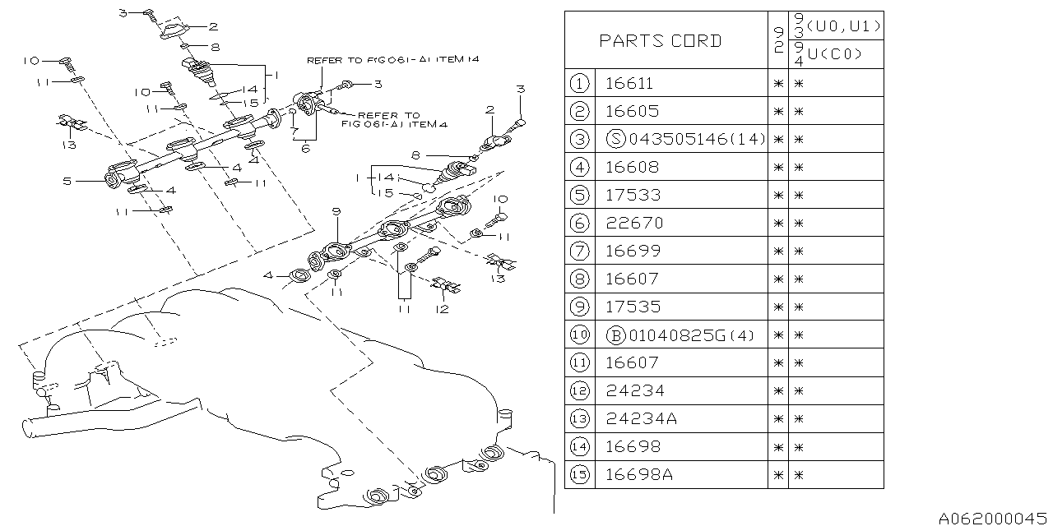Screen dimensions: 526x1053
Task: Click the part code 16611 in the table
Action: (633, 83)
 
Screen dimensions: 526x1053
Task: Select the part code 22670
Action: (633, 223)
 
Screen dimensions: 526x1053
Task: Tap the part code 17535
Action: (633, 307)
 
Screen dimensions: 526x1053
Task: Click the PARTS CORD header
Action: (660, 40)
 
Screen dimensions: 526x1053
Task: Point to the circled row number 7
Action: (580, 251)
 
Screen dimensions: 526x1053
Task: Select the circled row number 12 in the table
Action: (580, 390)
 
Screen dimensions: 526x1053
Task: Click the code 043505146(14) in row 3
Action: (686, 139)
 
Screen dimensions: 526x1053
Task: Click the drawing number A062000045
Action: (992, 517)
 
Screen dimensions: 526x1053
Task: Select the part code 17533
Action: (633, 195)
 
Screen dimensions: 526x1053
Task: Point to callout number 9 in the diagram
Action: (336, 212)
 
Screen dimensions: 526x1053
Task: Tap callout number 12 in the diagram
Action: (443, 309)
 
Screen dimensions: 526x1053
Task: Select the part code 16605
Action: (633, 111)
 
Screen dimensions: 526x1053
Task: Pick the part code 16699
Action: (633, 251)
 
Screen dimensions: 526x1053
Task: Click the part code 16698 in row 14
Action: (633, 446)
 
